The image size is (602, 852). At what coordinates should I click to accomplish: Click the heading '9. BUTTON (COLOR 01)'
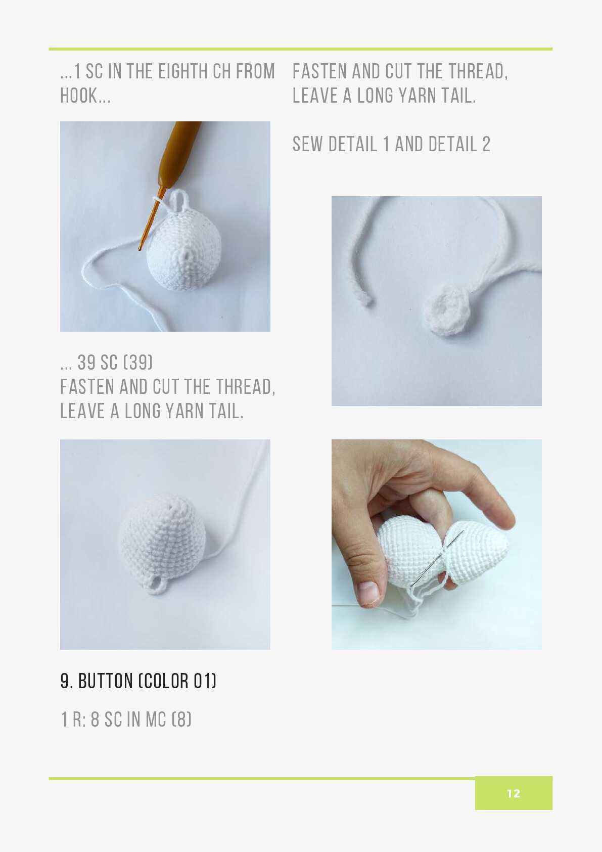pos(138,681)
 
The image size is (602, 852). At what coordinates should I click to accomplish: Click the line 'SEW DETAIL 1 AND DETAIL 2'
pos(391,144)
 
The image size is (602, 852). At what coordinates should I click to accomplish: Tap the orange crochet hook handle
pos(180,152)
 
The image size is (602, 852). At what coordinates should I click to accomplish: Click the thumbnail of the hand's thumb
pos(368,592)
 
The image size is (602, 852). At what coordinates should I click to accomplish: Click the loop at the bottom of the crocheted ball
pos(155,584)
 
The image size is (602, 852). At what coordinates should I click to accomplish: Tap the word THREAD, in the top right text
pos(478,71)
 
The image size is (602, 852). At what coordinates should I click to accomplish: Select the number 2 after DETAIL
pos(486,144)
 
